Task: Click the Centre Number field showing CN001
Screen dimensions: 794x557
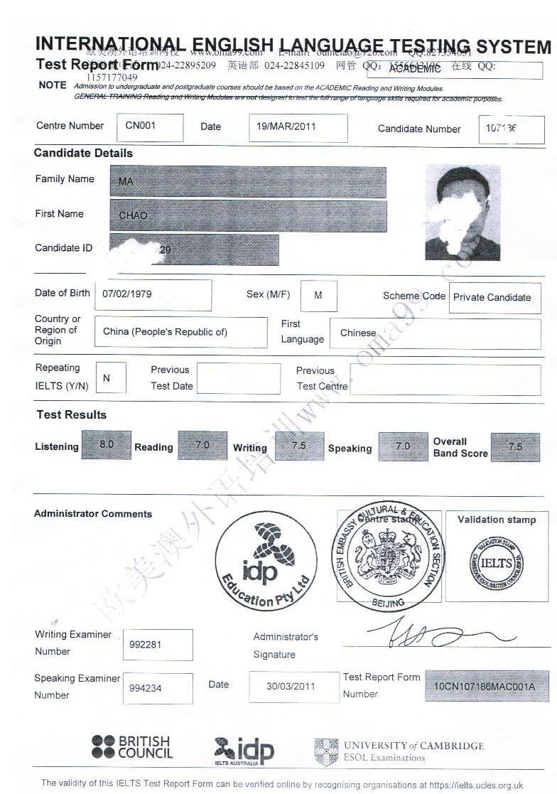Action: tap(149, 127)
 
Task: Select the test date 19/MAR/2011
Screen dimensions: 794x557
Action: tap(298, 127)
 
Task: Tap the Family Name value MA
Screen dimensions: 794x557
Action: tap(248, 182)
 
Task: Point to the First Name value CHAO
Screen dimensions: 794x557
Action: tap(248, 216)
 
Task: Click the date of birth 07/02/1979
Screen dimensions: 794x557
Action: tap(153, 294)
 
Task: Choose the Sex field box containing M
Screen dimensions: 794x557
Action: tap(318, 296)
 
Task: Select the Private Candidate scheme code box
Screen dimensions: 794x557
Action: tap(496, 298)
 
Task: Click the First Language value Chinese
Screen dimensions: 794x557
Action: tap(435, 333)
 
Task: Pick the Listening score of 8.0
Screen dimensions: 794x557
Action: tap(107, 445)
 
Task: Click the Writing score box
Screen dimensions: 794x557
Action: tap(299, 446)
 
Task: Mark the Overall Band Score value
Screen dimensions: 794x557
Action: tap(515, 447)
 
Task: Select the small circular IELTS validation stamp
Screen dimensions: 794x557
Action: tap(497, 562)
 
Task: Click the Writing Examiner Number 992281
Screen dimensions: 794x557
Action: tap(158, 644)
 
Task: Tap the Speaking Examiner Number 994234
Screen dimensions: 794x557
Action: tap(158, 688)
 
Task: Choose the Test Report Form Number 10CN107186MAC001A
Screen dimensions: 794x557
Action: tap(487, 687)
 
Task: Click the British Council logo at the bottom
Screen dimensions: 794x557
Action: tap(132, 748)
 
